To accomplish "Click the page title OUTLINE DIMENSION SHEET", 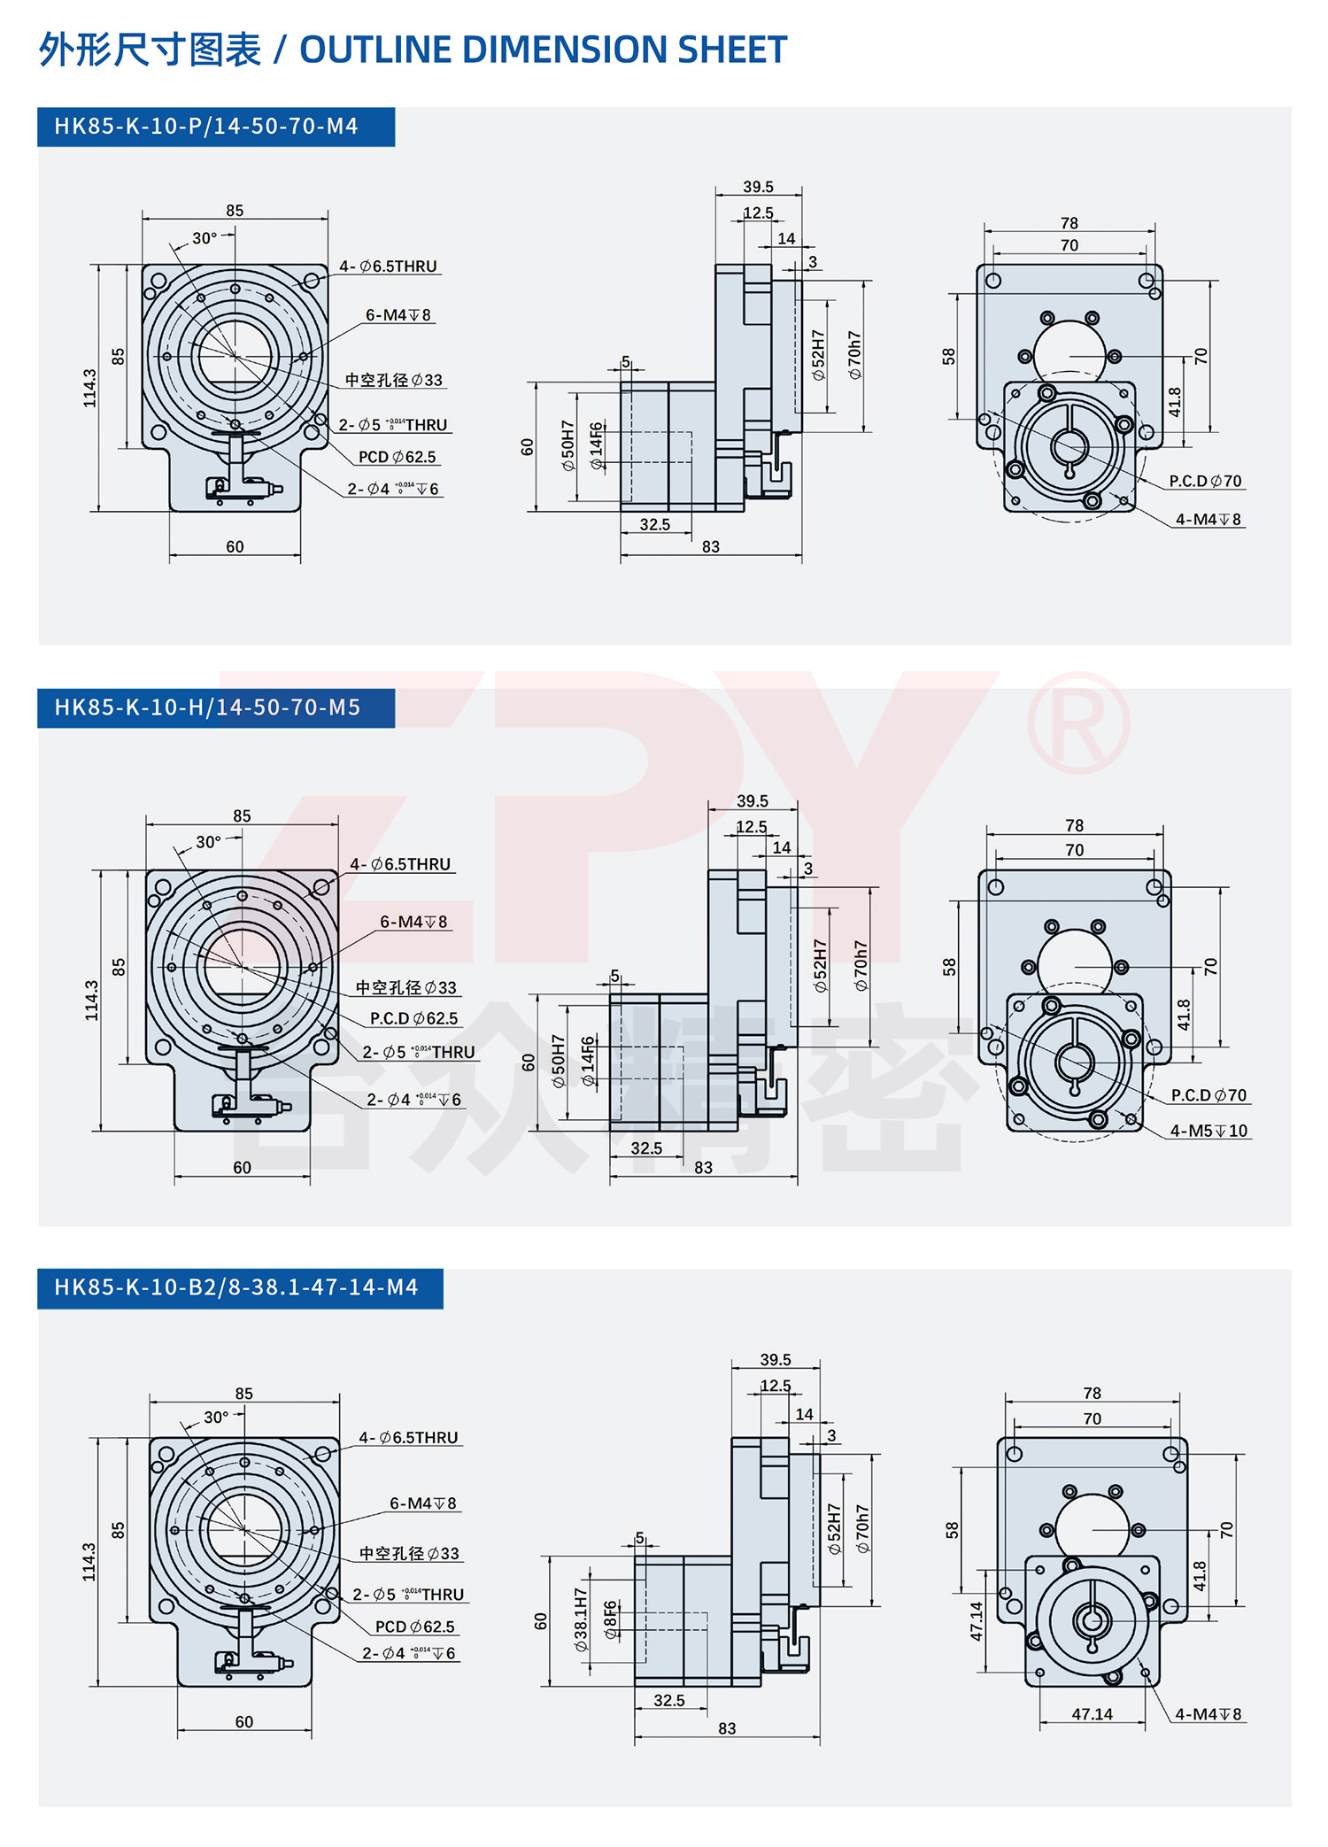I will point(543,50).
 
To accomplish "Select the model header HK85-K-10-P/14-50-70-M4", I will point(206,127).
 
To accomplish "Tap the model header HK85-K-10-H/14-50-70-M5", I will point(207,707).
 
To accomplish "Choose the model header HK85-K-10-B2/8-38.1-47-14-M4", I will point(235,1287).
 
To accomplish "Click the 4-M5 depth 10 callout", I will point(1208,1131).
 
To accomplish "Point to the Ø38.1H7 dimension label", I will point(581,1619).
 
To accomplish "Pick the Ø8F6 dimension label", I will point(611,1619).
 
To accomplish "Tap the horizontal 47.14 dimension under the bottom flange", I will point(1092,1714).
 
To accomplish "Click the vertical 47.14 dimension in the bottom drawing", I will point(977,1621).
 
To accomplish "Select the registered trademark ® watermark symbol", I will point(1078,722).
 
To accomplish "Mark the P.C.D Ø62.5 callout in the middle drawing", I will point(413,1018).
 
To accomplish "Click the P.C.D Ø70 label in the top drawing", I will point(1205,481).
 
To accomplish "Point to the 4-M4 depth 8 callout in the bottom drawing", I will point(1208,1714).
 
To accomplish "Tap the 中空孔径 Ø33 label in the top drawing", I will point(393,380).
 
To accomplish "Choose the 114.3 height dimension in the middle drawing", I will point(91,1000).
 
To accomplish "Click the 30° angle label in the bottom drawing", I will point(216,1418).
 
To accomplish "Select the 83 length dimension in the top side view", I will point(711,546).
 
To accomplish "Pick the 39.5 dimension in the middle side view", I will point(753,800).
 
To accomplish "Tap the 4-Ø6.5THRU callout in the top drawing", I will point(388,266).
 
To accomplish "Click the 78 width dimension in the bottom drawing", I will point(1092,1393).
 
